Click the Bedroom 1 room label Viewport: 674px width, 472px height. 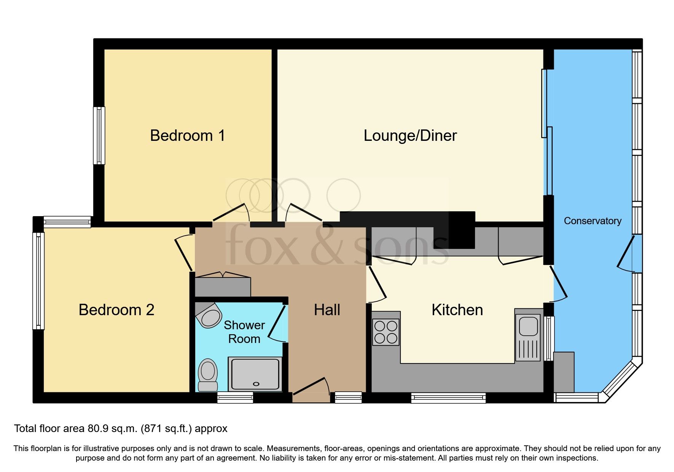pos(187,136)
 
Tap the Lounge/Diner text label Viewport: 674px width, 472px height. pos(410,136)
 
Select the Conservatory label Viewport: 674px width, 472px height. pos(592,221)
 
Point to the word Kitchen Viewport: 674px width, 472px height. pos(457,310)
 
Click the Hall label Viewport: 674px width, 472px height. pos(327,310)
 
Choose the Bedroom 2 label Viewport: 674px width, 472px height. pos(116,310)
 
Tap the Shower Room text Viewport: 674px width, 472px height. pos(244,332)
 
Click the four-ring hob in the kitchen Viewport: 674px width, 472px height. pos(386,332)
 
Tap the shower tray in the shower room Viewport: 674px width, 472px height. pos(255,374)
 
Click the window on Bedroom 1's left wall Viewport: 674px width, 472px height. pos(99,136)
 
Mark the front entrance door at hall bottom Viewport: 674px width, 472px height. pos(311,391)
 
